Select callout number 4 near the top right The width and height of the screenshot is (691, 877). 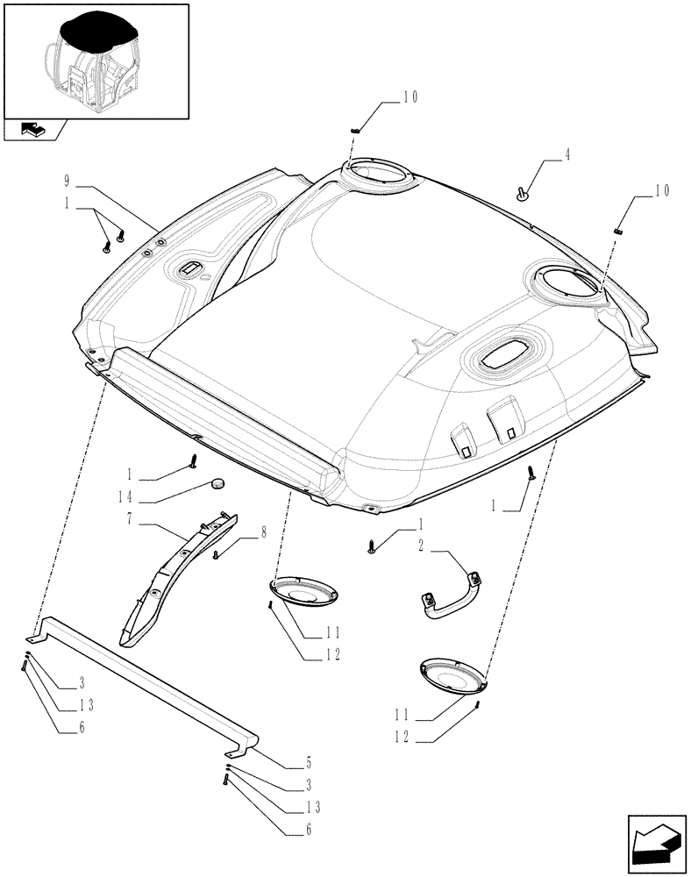pyautogui.click(x=543, y=154)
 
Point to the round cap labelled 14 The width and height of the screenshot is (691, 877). pyautogui.click(x=216, y=484)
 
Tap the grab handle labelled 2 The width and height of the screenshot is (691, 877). pyautogui.click(x=449, y=597)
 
